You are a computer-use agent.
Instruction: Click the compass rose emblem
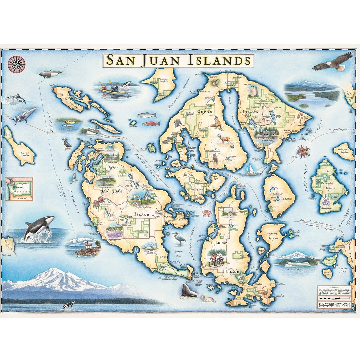[x=16, y=64]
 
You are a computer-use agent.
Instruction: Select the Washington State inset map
[x=19, y=189]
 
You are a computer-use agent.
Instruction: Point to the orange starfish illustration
[x=303, y=151]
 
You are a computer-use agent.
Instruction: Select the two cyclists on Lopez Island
[x=216, y=260]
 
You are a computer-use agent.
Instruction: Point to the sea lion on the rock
[x=189, y=291]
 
